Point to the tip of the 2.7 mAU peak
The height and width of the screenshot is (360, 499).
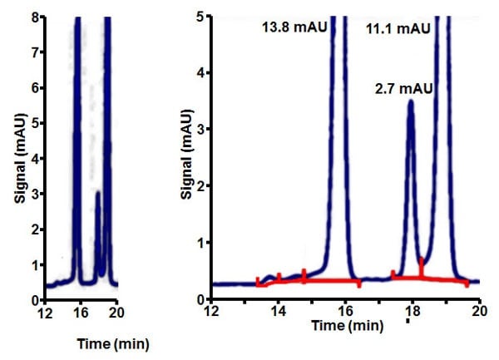point(410,102)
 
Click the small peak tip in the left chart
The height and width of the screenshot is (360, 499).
point(98,193)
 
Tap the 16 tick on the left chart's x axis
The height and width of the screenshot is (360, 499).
point(81,313)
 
